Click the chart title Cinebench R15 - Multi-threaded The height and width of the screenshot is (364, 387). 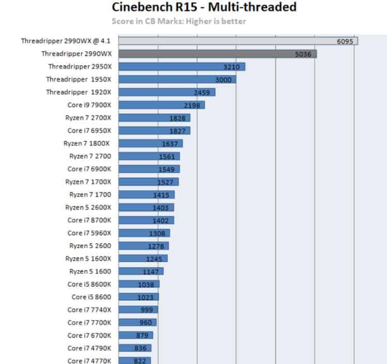click(x=204, y=7)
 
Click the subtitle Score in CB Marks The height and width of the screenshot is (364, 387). click(x=179, y=21)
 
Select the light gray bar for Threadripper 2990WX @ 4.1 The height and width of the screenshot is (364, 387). click(x=238, y=41)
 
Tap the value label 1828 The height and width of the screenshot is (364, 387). click(x=177, y=118)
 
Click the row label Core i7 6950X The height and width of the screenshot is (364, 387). click(x=89, y=130)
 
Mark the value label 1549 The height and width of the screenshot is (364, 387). click(x=167, y=169)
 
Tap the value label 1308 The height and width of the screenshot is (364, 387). click(x=158, y=233)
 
